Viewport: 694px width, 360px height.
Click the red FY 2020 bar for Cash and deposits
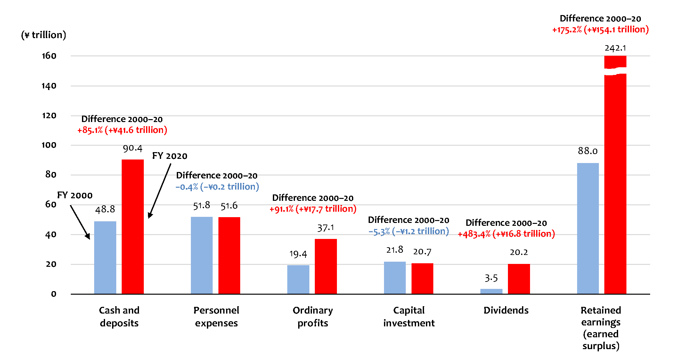click(133, 226)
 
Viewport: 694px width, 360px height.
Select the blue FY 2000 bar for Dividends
click(491, 291)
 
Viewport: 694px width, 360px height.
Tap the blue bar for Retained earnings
click(588, 228)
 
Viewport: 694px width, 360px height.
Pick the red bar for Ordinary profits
click(326, 266)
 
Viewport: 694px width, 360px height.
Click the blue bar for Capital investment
click(395, 278)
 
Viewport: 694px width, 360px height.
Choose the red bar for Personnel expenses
click(229, 255)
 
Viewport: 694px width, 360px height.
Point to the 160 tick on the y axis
click(49, 56)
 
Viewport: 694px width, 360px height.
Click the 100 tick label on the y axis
click(49, 145)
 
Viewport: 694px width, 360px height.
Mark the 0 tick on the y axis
click(53, 294)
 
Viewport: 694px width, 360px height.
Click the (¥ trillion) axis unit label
click(44, 35)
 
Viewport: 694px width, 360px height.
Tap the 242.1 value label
click(615, 48)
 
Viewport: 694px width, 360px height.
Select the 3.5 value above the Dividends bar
click(491, 278)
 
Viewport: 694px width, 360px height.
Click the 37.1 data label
click(326, 228)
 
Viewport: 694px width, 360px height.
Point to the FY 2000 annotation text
click(75, 195)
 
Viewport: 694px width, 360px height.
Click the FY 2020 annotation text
click(170, 156)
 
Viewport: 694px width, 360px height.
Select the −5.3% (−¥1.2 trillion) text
click(409, 231)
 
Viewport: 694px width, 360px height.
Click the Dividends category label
click(506, 310)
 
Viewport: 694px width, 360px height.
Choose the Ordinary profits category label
click(313, 316)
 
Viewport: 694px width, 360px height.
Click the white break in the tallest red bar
click(615, 71)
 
